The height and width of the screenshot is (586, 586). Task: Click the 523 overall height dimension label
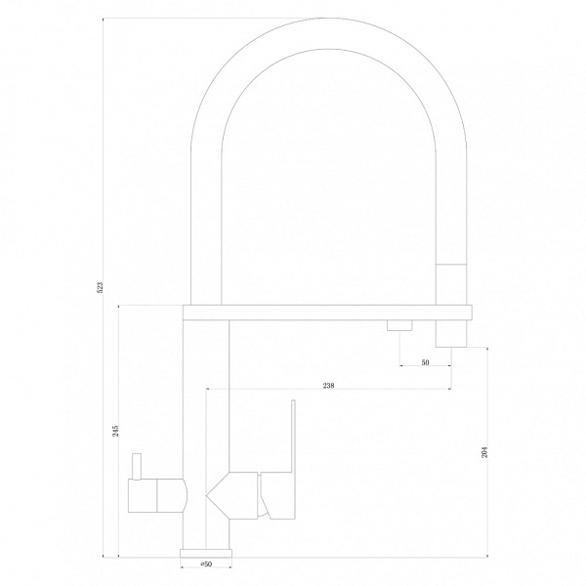[100, 287]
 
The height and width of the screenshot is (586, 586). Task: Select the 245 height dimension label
[115, 431]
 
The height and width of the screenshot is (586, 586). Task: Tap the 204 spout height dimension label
[484, 452]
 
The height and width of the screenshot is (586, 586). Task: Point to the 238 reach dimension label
[328, 386]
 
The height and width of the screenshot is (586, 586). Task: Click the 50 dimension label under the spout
[425, 362]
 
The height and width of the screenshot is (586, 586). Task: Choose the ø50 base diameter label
[206, 564]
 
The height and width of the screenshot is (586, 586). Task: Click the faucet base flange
[206, 553]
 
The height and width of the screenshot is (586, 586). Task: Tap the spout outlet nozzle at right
[451, 333]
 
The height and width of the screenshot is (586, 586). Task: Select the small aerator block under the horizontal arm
[399, 325]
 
